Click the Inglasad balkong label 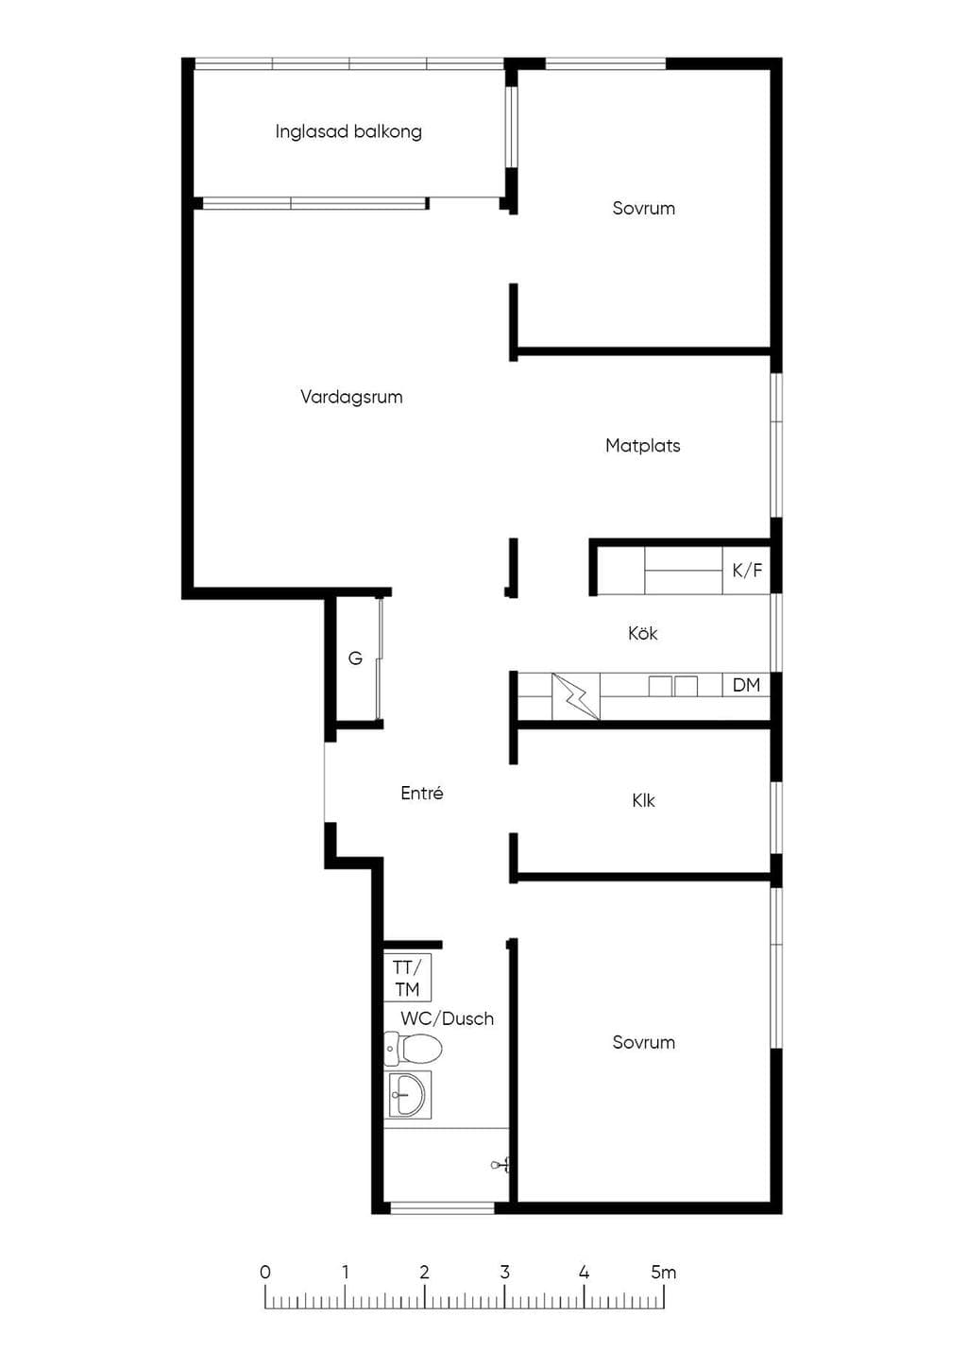point(348,132)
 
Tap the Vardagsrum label point(351,397)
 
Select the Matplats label point(643,446)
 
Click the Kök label point(643,633)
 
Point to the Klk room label point(643,800)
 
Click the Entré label point(422,793)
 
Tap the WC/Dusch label point(447,1018)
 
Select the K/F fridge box point(747,571)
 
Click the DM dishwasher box point(746,685)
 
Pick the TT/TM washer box point(407,978)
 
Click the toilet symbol point(413,1050)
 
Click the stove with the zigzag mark point(576,696)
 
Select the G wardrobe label point(355,658)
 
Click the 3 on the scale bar point(505,1273)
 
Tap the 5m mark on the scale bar point(664,1273)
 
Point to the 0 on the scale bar point(265,1273)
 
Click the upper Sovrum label point(643,208)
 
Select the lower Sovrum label point(643,1042)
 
